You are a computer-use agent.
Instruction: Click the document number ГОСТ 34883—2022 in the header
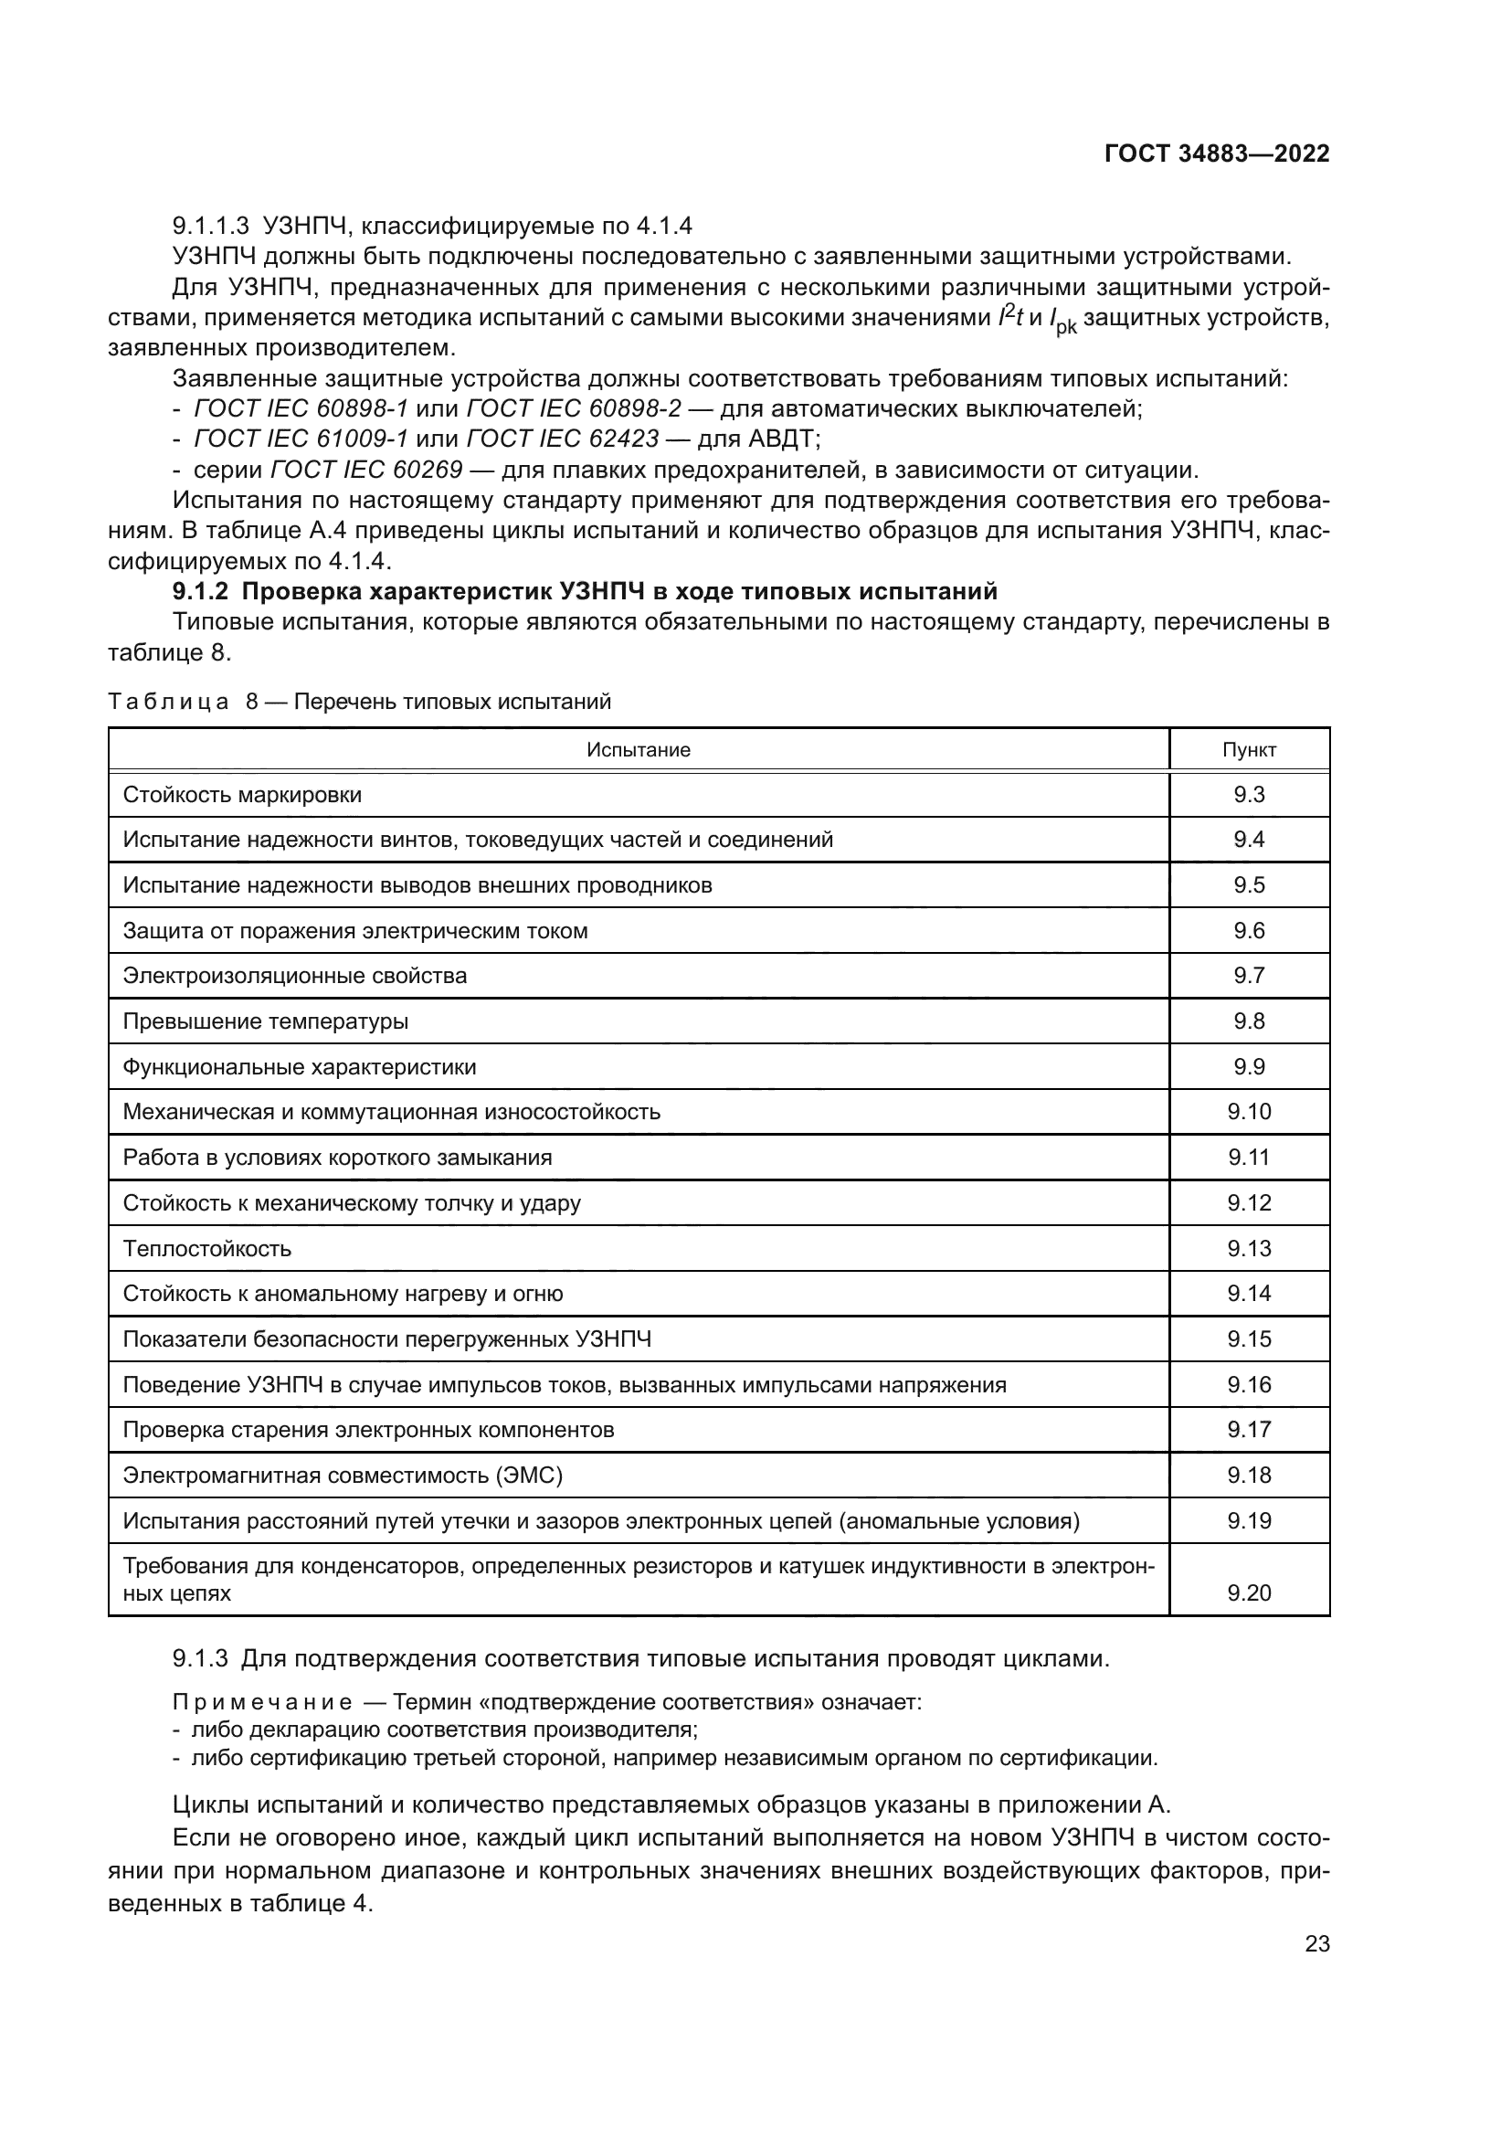pyautogui.click(x=1216, y=153)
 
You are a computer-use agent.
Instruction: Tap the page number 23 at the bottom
pyautogui.click(x=1316, y=1943)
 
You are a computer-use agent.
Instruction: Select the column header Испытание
pyautogui.click(x=639, y=750)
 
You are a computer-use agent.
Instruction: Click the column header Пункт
pyautogui.click(x=1249, y=750)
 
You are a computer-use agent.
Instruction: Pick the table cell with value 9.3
pyautogui.click(x=1249, y=795)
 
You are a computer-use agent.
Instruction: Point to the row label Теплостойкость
pyautogui.click(x=207, y=1248)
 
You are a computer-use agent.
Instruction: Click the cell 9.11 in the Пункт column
pyautogui.click(x=1249, y=1157)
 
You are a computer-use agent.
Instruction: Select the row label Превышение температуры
pyautogui.click(x=265, y=1021)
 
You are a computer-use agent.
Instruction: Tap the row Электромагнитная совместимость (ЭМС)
pyautogui.click(x=343, y=1476)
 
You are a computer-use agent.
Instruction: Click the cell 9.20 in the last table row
pyautogui.click(x=1249, y=1592)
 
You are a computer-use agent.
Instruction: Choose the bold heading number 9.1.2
pyautogui.click(x=200, y=592)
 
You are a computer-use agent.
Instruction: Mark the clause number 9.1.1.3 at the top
pyautogui.click(x=211, y=227)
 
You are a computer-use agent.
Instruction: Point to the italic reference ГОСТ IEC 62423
pyautogui.click(x=562, y=439)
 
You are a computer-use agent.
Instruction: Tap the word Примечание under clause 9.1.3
pyautogui.click(x=262, y=1702)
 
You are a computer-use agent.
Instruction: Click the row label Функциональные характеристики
pyautogui.click(x=300, y=1066)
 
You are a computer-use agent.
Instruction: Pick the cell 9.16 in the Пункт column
pyautogui.click(x=1249, y=1385)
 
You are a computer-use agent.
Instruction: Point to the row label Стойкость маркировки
pyautogui.click(x=242, y=795)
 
